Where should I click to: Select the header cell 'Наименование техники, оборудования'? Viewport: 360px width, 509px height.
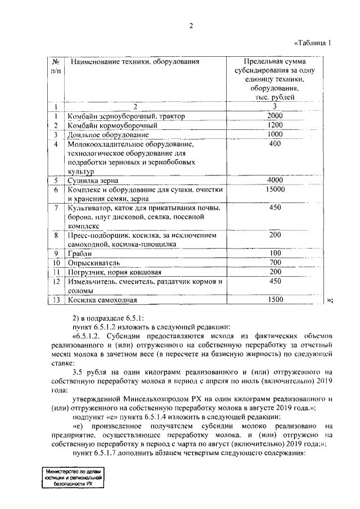(134, 61)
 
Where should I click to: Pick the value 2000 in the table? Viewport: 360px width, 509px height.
(274, 116)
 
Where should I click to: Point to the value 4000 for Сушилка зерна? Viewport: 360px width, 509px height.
(274, 180)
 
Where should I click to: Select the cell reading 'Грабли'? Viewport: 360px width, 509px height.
(79, 253)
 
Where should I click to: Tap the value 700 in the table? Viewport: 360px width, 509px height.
(274, 263)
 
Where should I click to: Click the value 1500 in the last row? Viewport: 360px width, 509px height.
(274, 300)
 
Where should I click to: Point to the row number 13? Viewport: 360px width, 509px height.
(56, 300)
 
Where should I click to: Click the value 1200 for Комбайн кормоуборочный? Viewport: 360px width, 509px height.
(274, 125)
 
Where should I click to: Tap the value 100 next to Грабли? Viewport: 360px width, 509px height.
(274, 253)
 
